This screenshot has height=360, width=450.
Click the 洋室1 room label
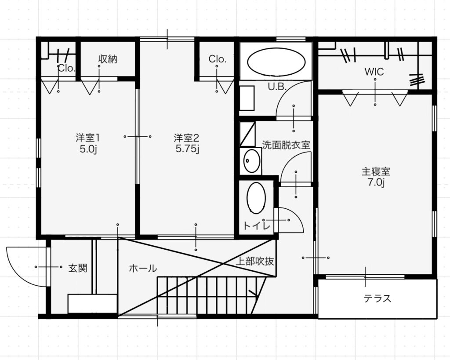[88, 138]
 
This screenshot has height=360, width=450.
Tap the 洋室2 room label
[186, 138]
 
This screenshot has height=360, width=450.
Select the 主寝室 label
[376, 172]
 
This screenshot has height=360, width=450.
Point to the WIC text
[374, 72]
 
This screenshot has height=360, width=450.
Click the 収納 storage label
[108, 59]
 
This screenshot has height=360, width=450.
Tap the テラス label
[377, 298]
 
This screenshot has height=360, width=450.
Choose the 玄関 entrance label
[77, 268]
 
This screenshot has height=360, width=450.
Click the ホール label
[143, 269]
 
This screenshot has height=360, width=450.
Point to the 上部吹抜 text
[255, 261]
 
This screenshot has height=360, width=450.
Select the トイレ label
[257, 225]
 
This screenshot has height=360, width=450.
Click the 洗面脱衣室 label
[286, 145]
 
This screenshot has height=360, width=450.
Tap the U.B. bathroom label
[277, 87]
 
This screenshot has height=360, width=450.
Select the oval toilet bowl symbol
[256, 198]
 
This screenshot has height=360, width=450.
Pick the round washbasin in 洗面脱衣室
[251, 161]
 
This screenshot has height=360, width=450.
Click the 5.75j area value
[188, 149]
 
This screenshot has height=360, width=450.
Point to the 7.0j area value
[376, 182]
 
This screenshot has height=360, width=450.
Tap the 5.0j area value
[88, 149]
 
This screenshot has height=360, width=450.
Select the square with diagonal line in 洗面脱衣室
[247, 134]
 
